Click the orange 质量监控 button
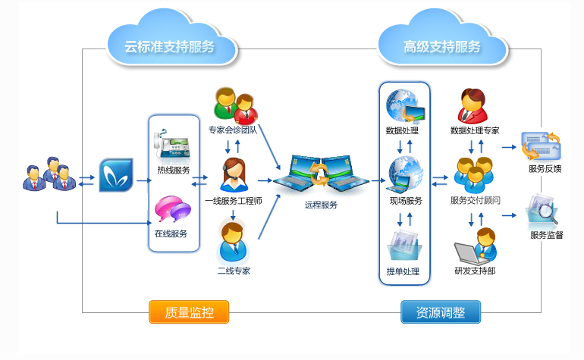[189, 312]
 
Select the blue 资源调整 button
[441, 312]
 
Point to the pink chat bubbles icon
[173, 209]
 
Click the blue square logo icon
[116, 175]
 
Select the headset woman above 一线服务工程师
[234, 174]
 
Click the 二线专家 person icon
[233, 241]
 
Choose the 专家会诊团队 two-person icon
[236, 106]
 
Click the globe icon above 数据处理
[405, 106]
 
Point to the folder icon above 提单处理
[404, 246]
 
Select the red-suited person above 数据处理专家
[473, 106]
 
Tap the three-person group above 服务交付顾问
[474, 175]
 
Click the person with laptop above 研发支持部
[476, 246]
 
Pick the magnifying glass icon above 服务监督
[542, 210]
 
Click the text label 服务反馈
[545, 169]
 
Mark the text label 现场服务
[406, 201]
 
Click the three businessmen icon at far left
[49, 174]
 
